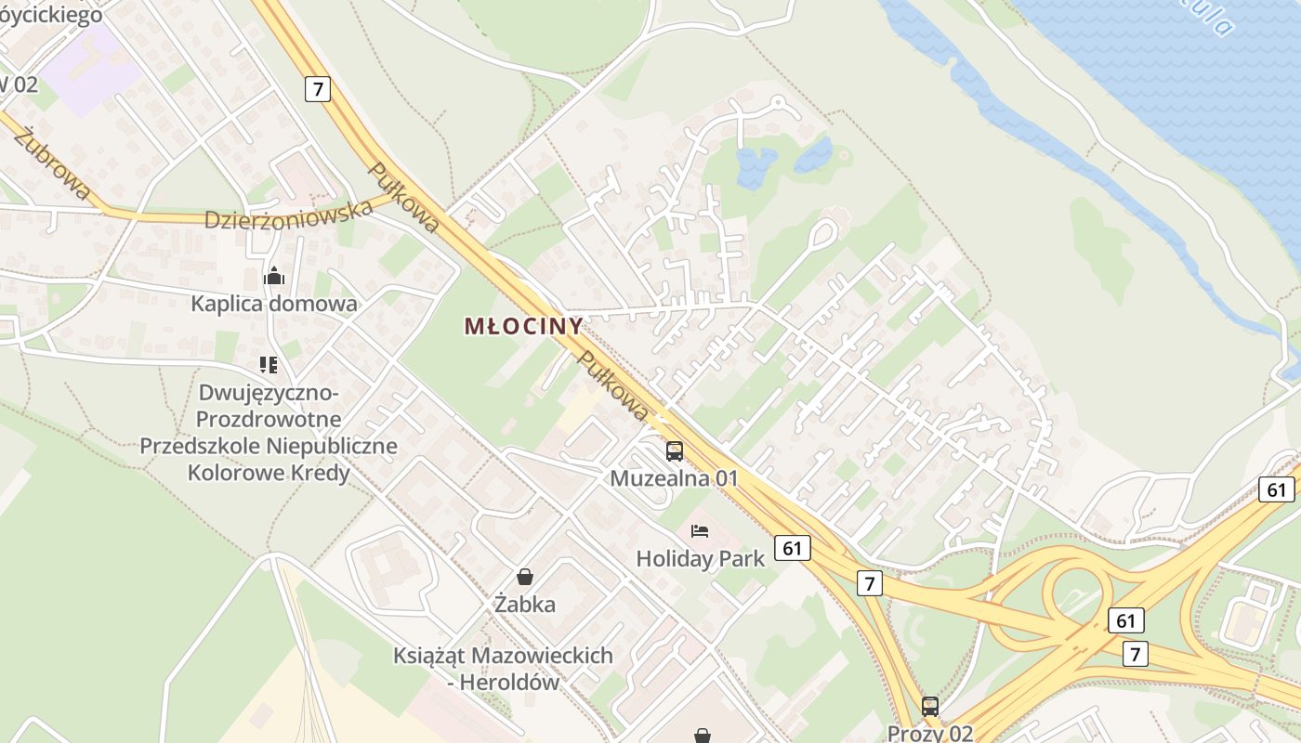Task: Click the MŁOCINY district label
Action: (x=523, y=326)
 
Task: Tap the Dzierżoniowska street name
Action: (x=288, y=214)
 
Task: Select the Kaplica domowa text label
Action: (x=274, y=304)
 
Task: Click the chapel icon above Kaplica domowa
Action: (x=274, y=276)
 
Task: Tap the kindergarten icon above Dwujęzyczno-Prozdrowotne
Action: (x=269, y=365)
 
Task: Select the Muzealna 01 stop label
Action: (x=674, y=478)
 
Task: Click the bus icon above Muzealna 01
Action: (x=675, y=451)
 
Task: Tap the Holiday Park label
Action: (x=700, y=558)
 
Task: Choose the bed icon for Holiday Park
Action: (x=700, y=531)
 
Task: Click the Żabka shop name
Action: (x=525, y=605)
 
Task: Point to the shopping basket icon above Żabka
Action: (x=525, y=577)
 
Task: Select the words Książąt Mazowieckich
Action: (x=503, y=655)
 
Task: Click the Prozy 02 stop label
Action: (x=929, y=733)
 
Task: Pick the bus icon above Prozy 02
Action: (x=930, y=706)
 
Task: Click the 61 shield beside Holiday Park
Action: (x=791, y=548)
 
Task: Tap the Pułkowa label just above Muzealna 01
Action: (x=611, y=385)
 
